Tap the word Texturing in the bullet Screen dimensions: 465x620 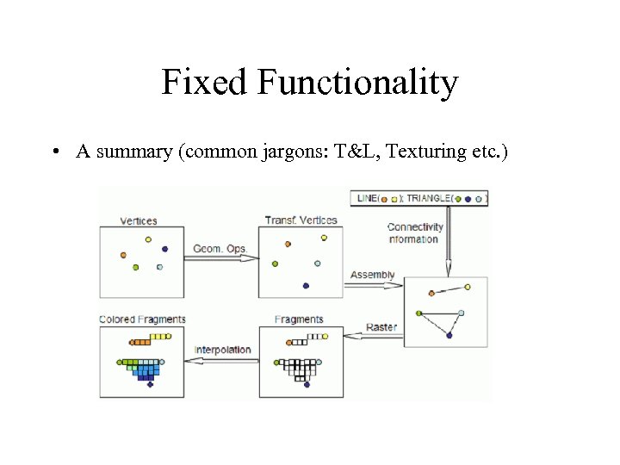point(425,152)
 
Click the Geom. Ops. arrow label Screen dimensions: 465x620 point(220,249)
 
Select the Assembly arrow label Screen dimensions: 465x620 point(372,275)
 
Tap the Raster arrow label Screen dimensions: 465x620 point(381,327)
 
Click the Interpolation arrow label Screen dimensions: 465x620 point(222,350)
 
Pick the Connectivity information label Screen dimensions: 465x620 point(414,233)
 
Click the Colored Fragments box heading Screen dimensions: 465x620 point(142,319)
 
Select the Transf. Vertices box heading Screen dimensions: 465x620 point(301,220)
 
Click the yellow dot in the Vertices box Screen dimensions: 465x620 point(148,239)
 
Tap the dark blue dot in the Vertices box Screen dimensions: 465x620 point(164,249)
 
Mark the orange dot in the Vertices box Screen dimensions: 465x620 point(123,255)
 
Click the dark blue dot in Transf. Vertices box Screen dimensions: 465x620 point(306,285)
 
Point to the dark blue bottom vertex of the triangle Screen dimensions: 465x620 point(449,335)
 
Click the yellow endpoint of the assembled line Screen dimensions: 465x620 point(468,287)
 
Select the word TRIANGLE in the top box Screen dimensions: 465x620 point(428,198)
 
